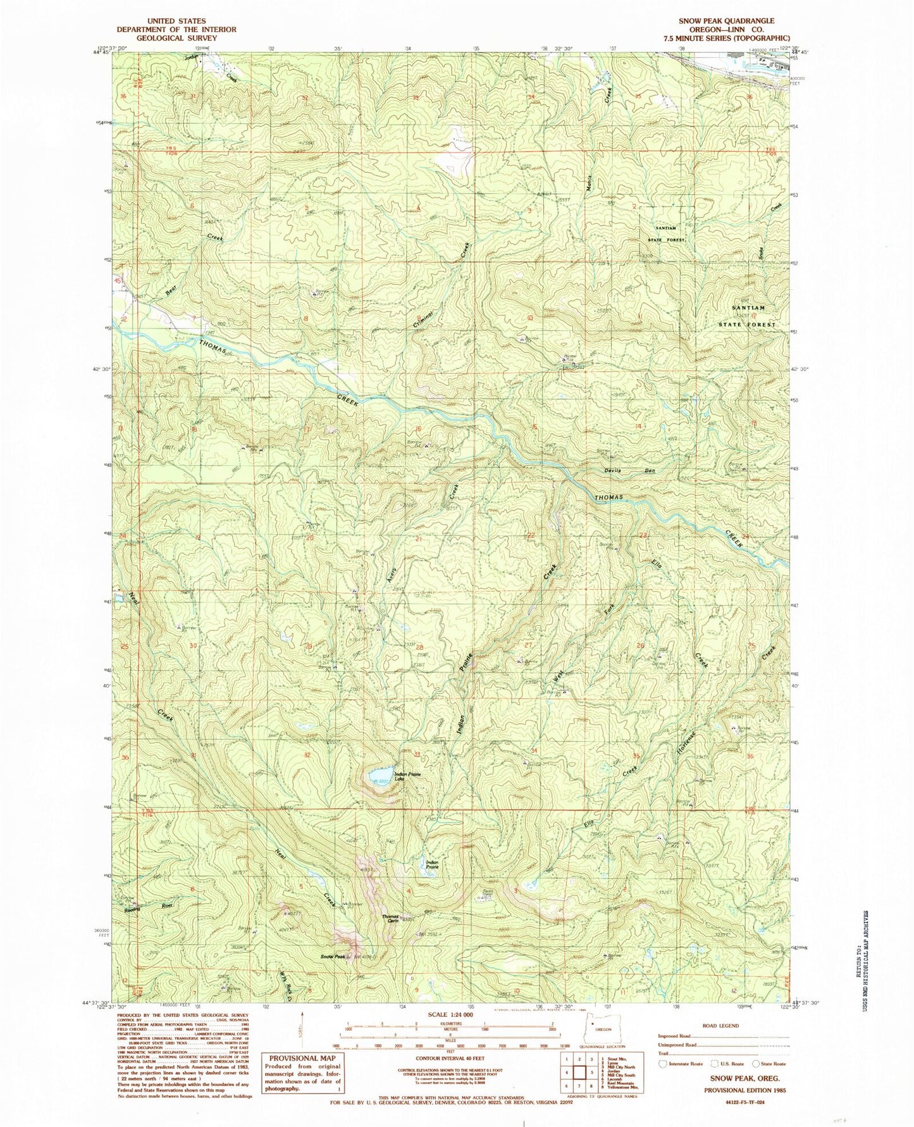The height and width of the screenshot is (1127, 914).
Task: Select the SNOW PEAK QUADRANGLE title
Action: [726, 21]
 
